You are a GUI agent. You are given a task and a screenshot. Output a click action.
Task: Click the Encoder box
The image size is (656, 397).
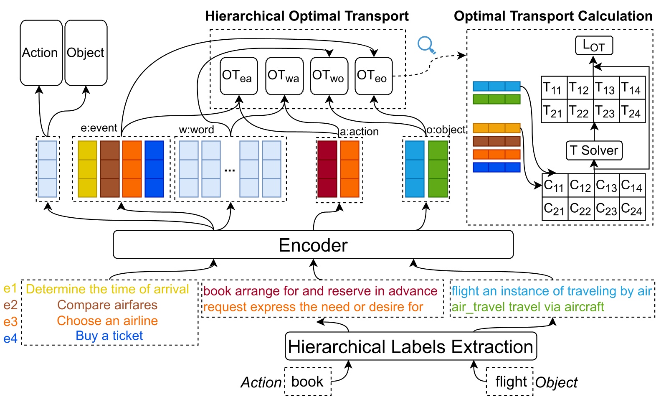click(x=313, y=245)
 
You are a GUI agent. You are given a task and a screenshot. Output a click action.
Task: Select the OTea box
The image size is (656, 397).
click(x=238, y=76)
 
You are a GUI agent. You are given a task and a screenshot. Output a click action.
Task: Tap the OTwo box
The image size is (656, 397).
click(x=329, y=76)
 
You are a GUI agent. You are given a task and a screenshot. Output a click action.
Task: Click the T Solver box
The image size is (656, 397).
click(x=594, y=150)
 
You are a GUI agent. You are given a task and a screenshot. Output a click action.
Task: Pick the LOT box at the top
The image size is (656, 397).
click(x=594, y=46)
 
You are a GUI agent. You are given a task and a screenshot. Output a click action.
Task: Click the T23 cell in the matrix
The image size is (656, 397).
click(x=606, y=112)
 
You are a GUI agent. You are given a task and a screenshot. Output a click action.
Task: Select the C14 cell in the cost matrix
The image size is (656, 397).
click(x=632, y=185)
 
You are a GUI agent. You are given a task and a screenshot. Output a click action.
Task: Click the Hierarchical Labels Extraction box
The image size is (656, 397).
click(x=410, y=346)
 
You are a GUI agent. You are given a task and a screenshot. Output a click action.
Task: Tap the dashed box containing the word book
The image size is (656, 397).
click(x=308, y=381)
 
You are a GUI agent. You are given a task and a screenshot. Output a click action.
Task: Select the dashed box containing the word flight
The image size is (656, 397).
click(x=510, y=381)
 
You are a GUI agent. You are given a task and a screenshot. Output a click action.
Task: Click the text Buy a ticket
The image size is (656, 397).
click(x=109, y=336)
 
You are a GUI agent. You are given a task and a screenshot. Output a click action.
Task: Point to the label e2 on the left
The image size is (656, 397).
click(x=10, y=305)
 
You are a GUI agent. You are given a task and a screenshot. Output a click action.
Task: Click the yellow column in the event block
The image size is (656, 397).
click(x=87, y=169)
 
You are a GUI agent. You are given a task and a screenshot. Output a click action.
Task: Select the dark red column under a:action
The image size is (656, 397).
click(x=327, y=169)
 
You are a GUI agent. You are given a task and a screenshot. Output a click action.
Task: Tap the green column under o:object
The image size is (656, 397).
click(x=438, y=169)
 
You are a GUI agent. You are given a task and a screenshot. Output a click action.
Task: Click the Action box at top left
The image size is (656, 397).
click(x=41, y=53)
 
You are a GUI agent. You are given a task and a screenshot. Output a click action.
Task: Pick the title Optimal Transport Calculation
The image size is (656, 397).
click(x=553, y=16)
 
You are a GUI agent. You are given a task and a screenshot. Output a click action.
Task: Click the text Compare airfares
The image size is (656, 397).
click(x=107, y=305)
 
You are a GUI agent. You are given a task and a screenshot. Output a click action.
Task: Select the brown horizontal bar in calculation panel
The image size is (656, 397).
click(x=496, y=141)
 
